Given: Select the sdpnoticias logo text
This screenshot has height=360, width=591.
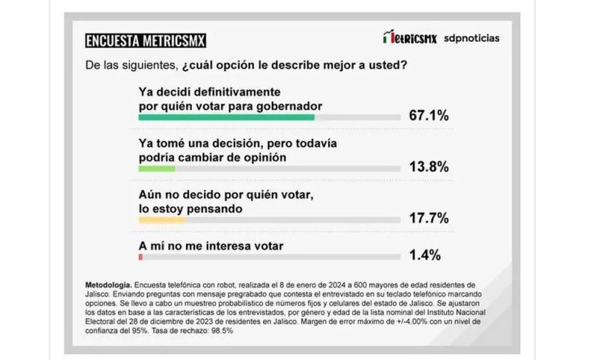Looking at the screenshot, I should click(x=471, y=38).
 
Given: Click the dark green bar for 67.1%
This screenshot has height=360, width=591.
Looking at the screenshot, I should click(x=227, y=117).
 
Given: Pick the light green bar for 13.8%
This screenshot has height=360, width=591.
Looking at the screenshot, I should click(x=157, y=169).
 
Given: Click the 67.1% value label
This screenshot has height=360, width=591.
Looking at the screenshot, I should click(x=428, y=116).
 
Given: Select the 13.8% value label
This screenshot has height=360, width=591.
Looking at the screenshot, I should click(x=428, y=167).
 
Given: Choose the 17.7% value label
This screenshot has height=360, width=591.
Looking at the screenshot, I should click(x=428, y=219).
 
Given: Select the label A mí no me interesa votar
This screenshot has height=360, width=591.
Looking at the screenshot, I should click(x=212, y=245).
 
